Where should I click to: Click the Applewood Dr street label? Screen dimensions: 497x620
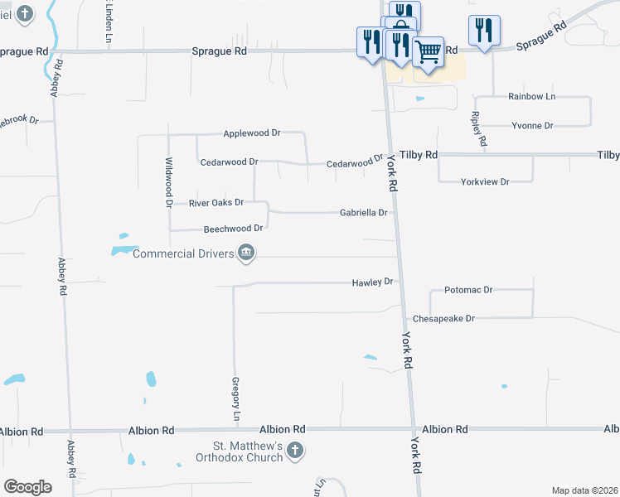[x=253, y=133]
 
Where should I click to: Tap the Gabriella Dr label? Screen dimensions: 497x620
[x=363, y=213]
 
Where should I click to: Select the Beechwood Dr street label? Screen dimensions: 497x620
[x=233, y=229]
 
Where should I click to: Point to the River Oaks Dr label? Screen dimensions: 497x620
[x=216, y=202]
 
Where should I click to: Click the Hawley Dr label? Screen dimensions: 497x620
[x=372, y=282]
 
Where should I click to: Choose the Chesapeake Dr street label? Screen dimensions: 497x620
[x=443, y=318]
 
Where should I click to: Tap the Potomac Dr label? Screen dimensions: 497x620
[x=468, y=291]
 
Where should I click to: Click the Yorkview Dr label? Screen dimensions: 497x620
[x=485, y=181]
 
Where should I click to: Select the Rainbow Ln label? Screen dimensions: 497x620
[x=531, y=97]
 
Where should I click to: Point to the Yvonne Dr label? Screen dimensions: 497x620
[x=532, y=126]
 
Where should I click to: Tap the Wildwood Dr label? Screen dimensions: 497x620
[x=168, y=181]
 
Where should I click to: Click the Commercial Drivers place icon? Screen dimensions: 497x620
[x=245, y=253]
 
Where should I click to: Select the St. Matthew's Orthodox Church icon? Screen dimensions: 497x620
[x=295, y=451]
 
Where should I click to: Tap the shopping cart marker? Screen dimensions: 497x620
[x=428, y=51]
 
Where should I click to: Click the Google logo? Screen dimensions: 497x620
[x=27, y=486]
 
